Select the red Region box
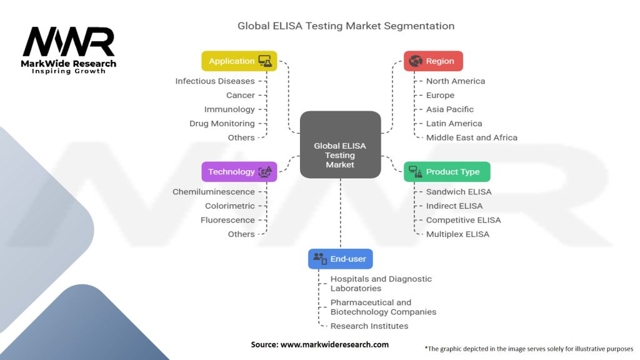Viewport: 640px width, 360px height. (433, 61)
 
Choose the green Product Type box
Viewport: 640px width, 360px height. (447, 172)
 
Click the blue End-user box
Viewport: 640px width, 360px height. (341, 259)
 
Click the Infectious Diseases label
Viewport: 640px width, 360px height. (215, 81)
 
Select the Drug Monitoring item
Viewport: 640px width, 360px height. (222, 124)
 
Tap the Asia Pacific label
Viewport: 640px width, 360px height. (450, 109)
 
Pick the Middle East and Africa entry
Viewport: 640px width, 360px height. (472, 137)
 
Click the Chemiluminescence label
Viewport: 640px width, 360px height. (214, 192)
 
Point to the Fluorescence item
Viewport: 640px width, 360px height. (227, 220)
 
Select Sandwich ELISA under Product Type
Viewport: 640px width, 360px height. (459, 192)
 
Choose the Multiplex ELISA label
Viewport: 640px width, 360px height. (457, 234)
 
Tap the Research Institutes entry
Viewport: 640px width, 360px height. (369, 326)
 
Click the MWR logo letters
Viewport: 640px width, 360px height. (69, 42)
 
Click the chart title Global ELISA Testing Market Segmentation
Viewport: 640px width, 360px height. (346, 26)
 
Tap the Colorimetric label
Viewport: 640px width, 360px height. (230, 206)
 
